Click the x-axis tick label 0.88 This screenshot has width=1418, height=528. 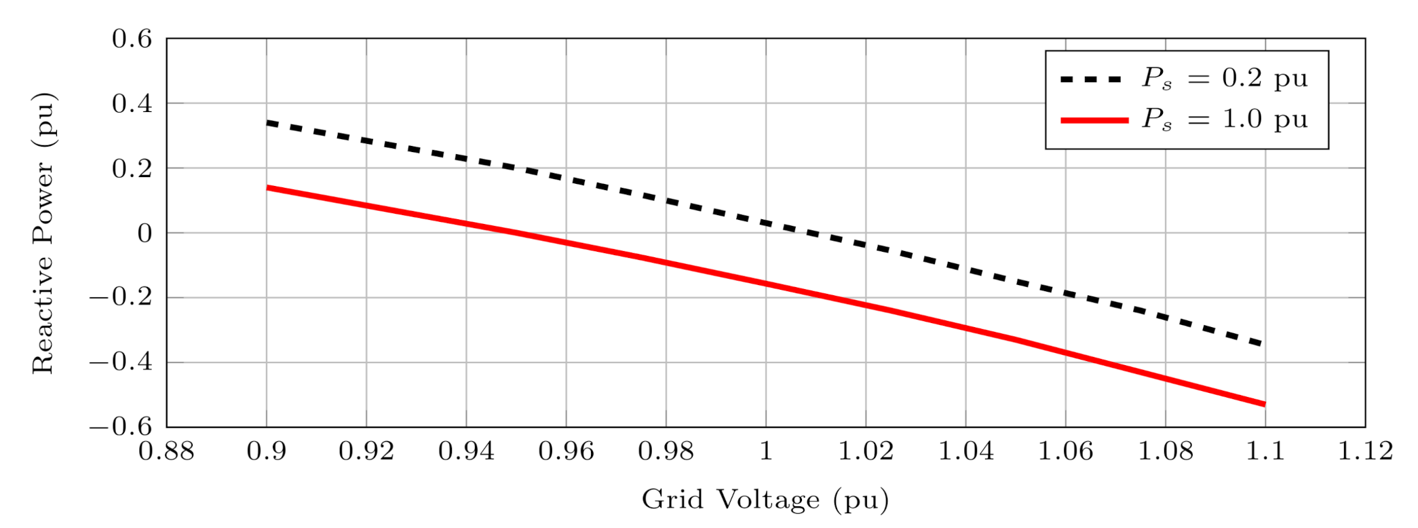click(166, 451)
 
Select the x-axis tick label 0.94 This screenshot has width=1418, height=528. click(466, 451)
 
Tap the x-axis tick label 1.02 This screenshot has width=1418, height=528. click(866, 451)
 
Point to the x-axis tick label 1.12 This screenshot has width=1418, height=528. click(1365, 451)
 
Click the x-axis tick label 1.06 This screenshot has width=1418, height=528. click(1065, 451)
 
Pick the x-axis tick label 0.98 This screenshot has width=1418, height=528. click(666, 451)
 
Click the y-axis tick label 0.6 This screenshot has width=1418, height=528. click(132, 39)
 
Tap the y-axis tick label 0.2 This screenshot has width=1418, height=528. click(132, 168)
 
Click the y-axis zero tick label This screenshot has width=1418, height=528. click(145, 233)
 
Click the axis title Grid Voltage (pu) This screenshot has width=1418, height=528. click(765, 499)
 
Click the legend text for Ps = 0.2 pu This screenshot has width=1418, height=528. click(1225, 79)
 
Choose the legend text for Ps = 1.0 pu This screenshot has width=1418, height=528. click(1225, 119)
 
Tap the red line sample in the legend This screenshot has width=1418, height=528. click(1094, 120)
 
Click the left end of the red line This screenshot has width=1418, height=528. click(267, 187)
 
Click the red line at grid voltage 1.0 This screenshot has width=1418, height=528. click(766, 284)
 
